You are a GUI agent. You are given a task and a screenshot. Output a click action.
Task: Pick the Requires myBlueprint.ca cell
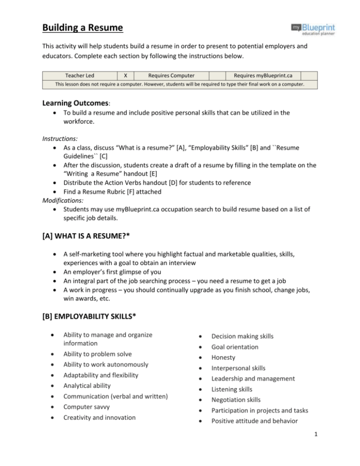pos(262,75)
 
